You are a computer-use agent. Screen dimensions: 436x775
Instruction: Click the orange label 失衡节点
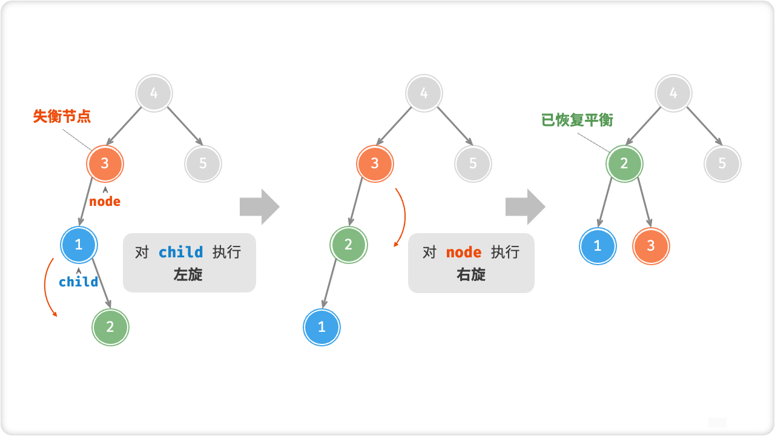(x=62, y=116)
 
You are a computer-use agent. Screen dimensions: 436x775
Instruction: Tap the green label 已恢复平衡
(x=577, y=120)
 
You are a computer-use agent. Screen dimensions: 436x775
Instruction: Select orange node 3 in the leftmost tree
(x=105, y=163)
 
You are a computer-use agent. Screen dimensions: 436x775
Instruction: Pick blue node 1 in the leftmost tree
(x=79, y=245)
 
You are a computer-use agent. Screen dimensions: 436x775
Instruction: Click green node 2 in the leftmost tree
(x=110, y=327)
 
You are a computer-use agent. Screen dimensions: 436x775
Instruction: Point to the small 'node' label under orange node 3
(x=105, y=202)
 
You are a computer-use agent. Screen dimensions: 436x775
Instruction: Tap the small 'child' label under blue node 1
(x=78, y=282)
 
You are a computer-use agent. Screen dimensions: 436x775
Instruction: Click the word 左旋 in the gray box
(x=188, y=274)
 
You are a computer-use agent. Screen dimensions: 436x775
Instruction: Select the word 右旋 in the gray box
(x=471, y=274)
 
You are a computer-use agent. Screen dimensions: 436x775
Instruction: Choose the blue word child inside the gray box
(x=180, y=253)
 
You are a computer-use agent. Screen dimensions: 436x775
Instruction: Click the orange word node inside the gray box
(x=464, y=253)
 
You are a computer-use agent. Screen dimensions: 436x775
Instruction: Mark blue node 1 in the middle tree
(x=322, y=327)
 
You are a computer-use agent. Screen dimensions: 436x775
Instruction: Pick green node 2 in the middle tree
(x=348, y=245)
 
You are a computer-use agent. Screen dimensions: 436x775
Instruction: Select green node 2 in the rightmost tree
(x=624, y=163)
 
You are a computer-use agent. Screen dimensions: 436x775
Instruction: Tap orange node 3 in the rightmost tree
(x=651, y=246)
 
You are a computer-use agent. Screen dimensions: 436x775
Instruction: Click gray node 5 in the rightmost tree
(x=722, y=163)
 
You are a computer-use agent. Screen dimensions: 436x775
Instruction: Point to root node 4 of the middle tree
(x=424, y=93)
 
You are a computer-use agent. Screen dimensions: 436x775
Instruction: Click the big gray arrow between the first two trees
(x=259, y=206)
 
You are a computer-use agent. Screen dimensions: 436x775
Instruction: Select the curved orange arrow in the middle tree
(x=402, y=217)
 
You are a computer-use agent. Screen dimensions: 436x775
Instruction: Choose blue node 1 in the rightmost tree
(x=598, y=246)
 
